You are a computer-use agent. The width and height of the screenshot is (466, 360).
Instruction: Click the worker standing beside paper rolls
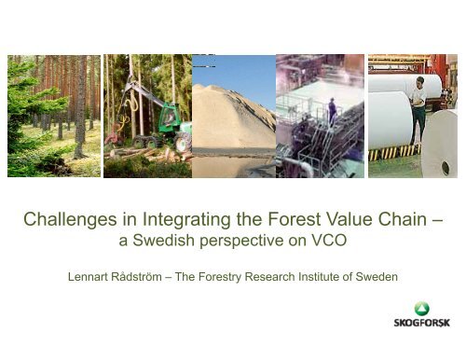[418, 106]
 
